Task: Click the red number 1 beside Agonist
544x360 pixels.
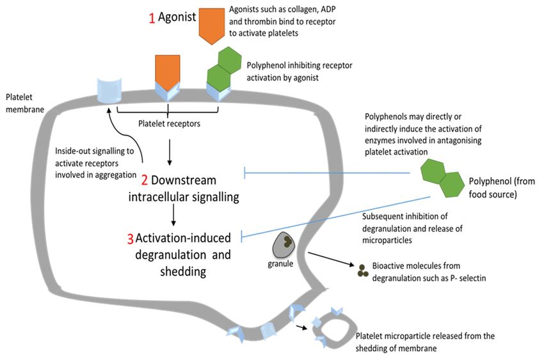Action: [152, 18]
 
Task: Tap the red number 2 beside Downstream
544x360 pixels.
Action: [145, 180]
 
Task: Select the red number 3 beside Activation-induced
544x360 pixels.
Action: [130, 239]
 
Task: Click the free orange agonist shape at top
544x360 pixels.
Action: [212, 26]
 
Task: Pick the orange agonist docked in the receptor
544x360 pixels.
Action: [167, 72]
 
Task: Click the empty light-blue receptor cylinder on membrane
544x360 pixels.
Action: [109, 90]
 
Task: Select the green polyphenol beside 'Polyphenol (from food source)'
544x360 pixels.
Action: [442, 178]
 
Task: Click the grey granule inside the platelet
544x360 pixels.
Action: [284, 246]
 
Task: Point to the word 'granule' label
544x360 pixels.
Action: [280, 263]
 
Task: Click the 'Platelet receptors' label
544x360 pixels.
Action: [169, 123]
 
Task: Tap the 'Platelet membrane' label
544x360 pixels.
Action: [24, 103]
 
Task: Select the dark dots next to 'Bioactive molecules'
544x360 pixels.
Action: [362, 271]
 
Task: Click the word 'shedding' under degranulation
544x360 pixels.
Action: [183, 272]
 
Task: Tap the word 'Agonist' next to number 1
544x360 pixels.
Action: [177, 17]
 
